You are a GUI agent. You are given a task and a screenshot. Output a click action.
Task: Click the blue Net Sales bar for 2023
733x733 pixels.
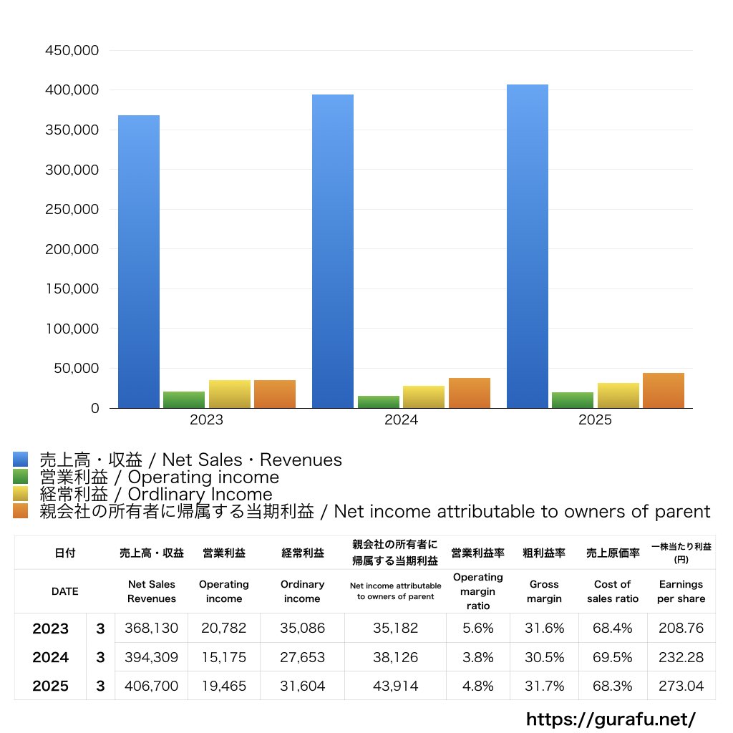tap(139, 261)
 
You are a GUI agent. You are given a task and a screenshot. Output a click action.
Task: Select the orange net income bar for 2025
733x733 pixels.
tap(664, 391)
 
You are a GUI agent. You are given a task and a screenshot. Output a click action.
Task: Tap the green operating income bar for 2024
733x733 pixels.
tap(379, 402)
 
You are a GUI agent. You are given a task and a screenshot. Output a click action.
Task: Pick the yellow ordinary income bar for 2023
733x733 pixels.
tap(230, 394)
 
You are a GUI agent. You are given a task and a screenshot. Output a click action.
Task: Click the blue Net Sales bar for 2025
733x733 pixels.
tap(528, 246)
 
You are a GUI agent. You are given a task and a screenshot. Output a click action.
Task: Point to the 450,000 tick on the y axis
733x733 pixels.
tap(72, 51)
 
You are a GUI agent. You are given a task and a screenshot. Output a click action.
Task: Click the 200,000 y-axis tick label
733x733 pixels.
tap(72, 250)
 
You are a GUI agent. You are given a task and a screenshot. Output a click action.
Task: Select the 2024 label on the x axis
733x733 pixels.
tap(401, 420)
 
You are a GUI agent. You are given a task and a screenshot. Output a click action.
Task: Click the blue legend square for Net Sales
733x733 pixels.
tap(20, 460)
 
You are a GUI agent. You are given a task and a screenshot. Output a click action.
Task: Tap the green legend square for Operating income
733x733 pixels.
tap(20, 477)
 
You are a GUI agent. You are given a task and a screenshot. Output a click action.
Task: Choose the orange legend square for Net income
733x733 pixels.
tap(20, 511)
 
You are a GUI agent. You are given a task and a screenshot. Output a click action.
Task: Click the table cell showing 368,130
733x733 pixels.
tap(151, 628)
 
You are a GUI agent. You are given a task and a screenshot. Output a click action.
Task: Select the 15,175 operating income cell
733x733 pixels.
tap(224, 657)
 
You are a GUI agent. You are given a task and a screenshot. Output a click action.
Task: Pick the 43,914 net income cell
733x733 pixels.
tap(395, 686)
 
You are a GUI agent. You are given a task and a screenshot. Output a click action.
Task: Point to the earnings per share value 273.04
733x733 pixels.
tap(681, 686)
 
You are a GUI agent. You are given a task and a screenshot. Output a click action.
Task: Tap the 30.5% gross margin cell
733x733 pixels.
tap(544, 657)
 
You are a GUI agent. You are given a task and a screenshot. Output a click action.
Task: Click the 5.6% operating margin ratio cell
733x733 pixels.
tap(478, 628)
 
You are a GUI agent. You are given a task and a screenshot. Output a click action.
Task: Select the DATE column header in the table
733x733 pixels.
tap(64, 591)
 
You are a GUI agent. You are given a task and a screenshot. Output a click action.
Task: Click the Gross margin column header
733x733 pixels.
tap(544, 591)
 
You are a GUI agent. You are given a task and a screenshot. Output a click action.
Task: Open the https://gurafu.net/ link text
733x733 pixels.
tap(611, 719)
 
